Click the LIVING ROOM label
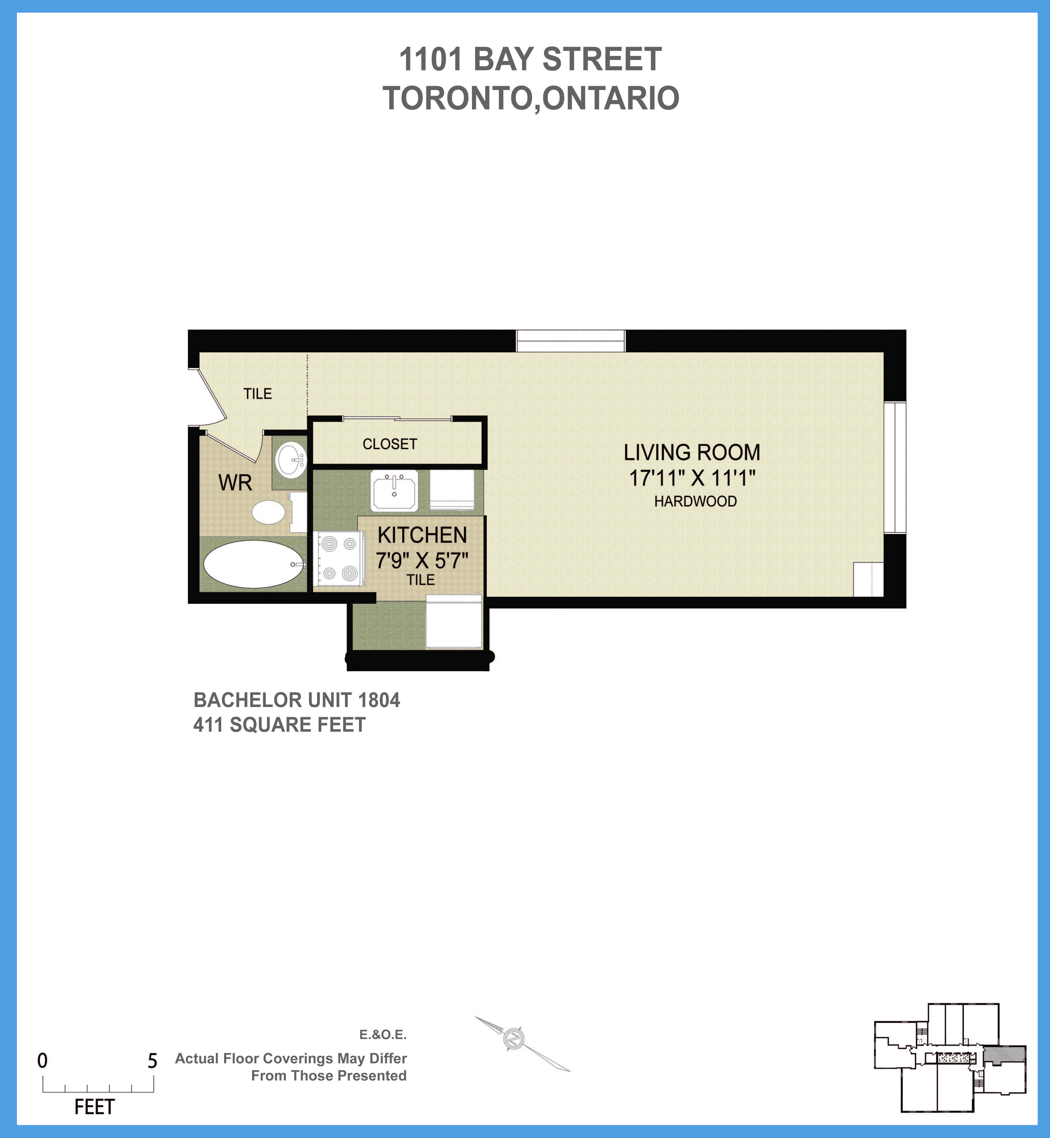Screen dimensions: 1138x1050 [692, 453]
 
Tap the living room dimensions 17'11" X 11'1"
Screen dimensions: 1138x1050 [692, 478]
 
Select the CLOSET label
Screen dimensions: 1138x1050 [390, 444]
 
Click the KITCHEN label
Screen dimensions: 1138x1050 [422, 535]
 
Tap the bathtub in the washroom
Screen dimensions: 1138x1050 [253, 564]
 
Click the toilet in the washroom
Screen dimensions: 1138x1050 [269, 512]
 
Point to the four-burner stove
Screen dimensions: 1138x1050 [339, 558]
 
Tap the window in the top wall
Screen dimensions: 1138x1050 [570, 341]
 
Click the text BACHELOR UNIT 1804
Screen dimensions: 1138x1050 [297, 700]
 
